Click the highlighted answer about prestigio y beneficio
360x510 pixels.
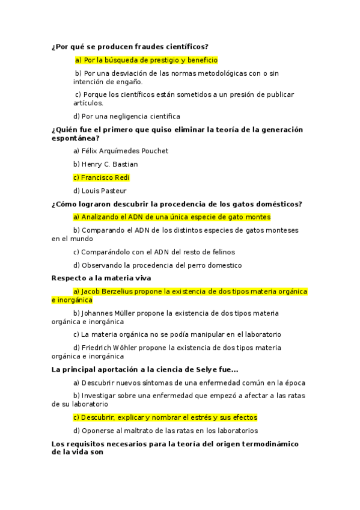pyautogui.click(x=146, y=60)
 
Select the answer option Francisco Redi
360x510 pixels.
pyautogui.click(x=101, y=177)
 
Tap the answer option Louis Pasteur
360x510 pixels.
pyautogui.click(x=100, y=191)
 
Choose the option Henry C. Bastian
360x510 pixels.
pyautogui.click(x=105, y=164)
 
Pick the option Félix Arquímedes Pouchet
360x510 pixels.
pyautogui.click(x=120, y=151)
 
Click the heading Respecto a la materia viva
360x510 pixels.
pyautogui.click(x=101, y=278)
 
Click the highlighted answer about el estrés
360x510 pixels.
pyautogui.click(x=165, y=417)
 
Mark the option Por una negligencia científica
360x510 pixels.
pyautogui.click(x=126, y=116)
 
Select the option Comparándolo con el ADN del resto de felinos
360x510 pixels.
pyautogui.click(x=154, y=252)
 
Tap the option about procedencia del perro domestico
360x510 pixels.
pyautogui.click(x=157, y=265)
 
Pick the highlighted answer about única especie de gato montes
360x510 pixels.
pyautogui.click(x=172, y=217)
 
